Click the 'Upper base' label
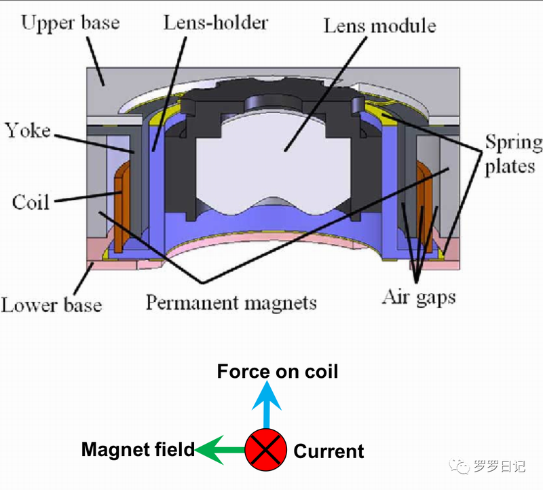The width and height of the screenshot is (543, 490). [70, 23]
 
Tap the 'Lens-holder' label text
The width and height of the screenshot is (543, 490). [215, 22]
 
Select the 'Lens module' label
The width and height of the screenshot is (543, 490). [379, 27]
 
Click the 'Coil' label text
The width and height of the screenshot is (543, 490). [31, 201]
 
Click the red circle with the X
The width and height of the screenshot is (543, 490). [265, 449]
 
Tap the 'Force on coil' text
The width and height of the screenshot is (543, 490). [277, 371]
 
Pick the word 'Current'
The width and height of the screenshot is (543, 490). [329, 451]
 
